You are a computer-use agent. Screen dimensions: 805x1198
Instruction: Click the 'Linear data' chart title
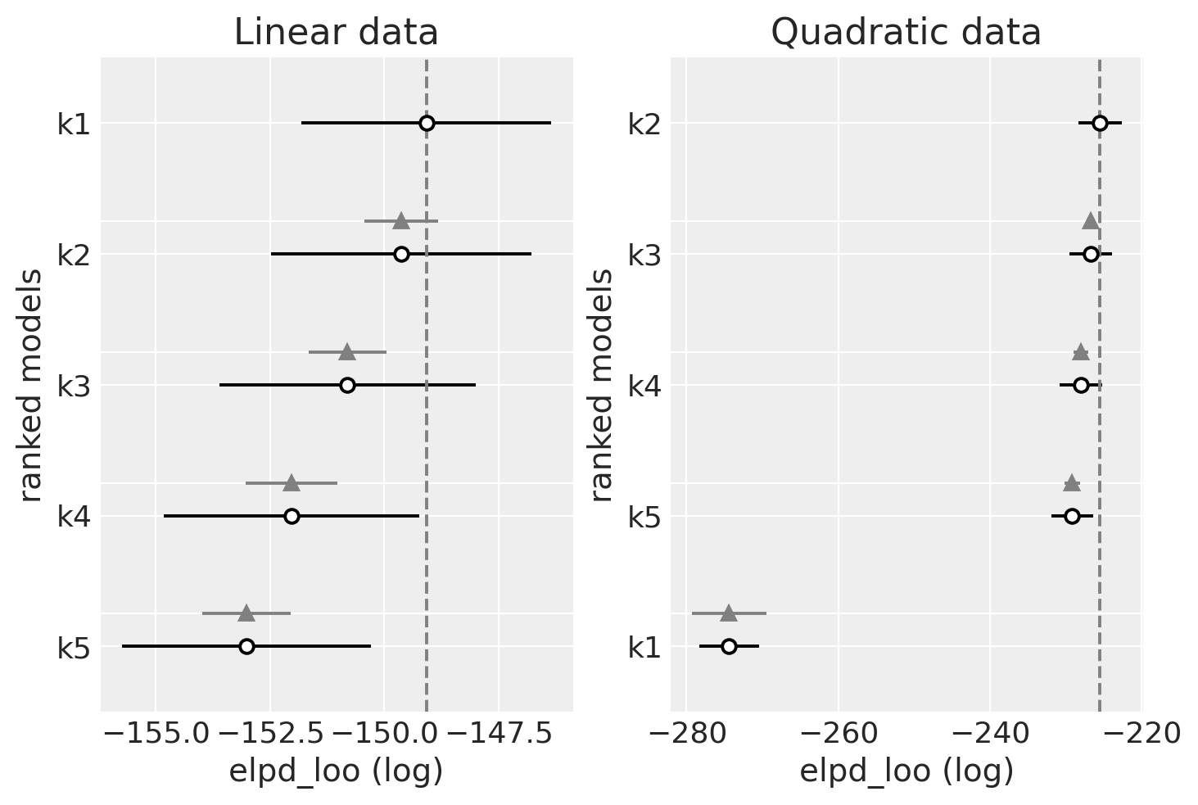point(336,33)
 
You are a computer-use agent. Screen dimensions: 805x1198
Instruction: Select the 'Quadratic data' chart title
point(906,33)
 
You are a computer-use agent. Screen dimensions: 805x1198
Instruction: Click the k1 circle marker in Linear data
point(427,124)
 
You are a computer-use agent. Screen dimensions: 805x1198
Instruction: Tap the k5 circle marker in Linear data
point(246,646)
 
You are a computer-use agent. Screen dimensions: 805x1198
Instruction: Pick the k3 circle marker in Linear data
point(347,385)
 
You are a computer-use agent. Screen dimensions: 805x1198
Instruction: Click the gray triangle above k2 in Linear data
point(400,221)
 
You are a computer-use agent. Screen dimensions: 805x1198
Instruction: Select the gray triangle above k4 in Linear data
point(292,483)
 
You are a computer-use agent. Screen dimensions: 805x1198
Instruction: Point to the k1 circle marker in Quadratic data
point(729,646)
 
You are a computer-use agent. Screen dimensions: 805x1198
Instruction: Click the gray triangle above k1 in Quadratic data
point(729,613)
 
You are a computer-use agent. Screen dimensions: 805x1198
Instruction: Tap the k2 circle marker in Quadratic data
point(1100,124)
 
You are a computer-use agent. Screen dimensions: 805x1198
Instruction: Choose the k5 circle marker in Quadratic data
point(1072,516)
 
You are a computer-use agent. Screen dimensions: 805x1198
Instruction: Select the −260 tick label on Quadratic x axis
point(838,734)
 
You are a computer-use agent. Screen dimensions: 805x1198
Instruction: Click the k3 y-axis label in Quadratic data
point(644,255)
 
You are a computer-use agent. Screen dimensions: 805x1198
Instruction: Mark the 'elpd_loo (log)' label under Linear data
point(336,771)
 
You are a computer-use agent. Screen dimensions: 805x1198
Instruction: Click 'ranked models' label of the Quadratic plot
point(602,385)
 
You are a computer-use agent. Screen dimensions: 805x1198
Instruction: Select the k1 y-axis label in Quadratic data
point(644,648)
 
